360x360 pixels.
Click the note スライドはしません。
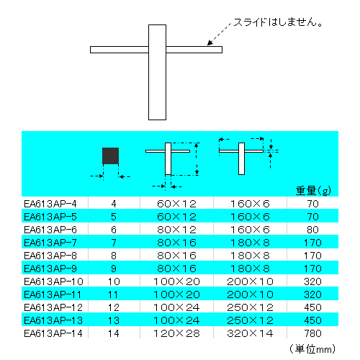[x=278, y=22]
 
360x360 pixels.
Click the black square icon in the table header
[x=110, y=156]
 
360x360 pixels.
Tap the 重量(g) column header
[x=313, y=191]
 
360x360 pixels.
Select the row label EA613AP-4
[x=50, y=204]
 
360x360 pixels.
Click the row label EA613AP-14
[x=53, y=333]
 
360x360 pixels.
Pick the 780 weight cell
[x=312, y=333]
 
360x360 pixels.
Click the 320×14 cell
[x=250, y=333]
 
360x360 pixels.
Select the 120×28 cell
[x=176, y=333]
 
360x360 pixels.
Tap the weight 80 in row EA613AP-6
[x=312, y=230]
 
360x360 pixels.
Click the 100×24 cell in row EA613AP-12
[x=176, y=307]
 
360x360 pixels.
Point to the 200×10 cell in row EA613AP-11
[x=250, y=294]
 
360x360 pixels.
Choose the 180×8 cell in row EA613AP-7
[x=250, y=243]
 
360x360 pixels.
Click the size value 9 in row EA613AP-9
[x=114, y=269]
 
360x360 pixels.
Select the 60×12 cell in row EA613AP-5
[x=176, y=217]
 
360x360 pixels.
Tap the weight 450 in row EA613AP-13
[x=312, y=320]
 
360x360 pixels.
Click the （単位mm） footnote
[x=312, y=349]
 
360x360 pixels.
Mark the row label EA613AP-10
[x=53, y=282]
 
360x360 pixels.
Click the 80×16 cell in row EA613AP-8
[x=176, y=256]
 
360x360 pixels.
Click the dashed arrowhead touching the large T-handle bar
[x=210, y=42]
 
